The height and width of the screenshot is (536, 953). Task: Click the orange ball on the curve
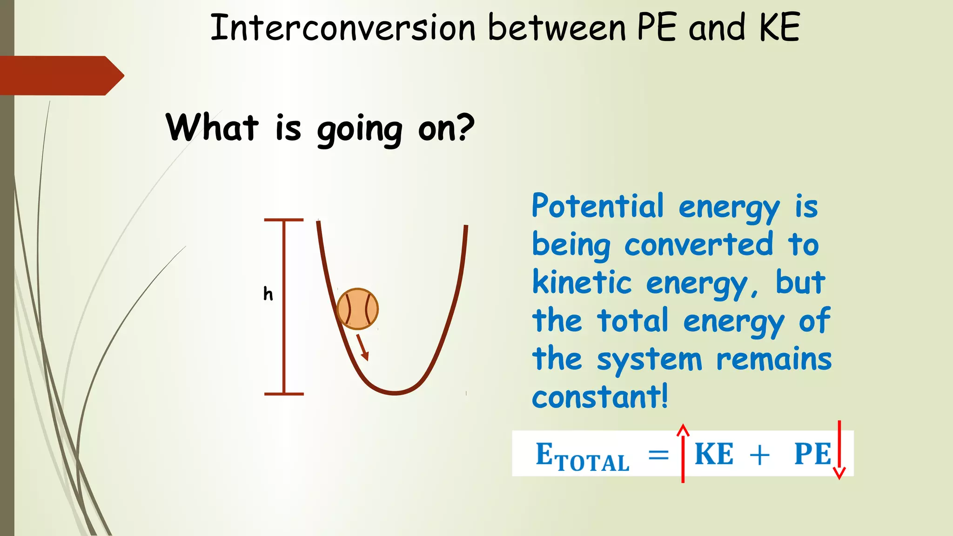click(357, 309)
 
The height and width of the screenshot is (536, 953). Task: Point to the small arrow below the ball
click(363, 347)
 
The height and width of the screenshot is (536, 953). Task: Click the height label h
click(268, 294)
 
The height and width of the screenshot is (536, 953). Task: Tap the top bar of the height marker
click(284, 220)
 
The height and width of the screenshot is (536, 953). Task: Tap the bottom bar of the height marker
click(284, 394)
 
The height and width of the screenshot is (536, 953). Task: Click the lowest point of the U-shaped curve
click(395, 393)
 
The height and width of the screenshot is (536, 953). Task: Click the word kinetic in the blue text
click(582, 282)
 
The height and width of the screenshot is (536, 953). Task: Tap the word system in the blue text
click(650, 360)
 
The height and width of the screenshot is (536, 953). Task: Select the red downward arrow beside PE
click(839, 450)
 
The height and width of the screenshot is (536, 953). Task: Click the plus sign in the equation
click(759, 455)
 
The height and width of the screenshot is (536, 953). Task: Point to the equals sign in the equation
click(658, 455)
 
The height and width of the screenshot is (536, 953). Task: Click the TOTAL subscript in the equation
click(592, 462)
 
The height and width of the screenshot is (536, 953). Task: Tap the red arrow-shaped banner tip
click(114, 75)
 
